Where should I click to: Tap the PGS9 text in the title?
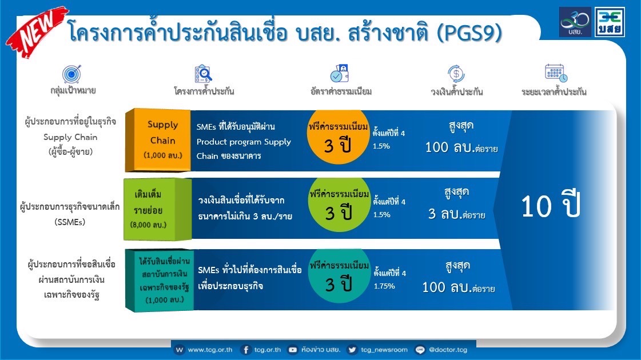469,33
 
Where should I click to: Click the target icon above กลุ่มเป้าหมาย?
72,74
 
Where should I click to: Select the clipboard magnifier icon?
203,74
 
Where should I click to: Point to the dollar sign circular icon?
456,74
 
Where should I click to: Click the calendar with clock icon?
556,73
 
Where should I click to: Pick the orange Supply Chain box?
158,140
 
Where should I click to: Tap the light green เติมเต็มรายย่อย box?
158,209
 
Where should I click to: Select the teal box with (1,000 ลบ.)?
160,281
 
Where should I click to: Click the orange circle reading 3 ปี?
338,137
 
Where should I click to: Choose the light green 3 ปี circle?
339,205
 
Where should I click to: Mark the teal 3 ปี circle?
339,276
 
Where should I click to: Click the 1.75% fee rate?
384,286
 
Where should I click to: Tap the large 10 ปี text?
551,206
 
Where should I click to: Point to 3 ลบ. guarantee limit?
456,214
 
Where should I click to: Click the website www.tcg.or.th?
210,350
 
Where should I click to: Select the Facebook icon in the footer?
246,350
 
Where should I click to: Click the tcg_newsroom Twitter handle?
384,350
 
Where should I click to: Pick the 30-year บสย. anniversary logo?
575,22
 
